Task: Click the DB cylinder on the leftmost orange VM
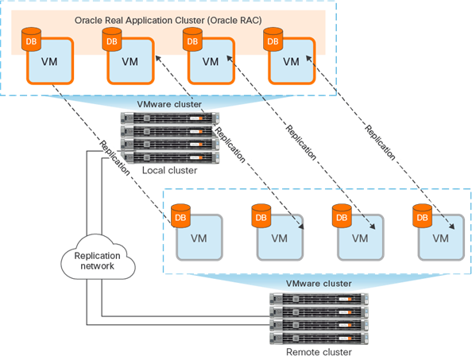(x=30, y=38)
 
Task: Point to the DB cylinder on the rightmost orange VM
(x=273, y=38)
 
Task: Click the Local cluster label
(x=168, y=170)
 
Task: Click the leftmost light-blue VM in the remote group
(x=198, y=237)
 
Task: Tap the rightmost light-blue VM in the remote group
(x=441, y=237)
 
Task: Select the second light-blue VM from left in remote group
(x=279, y=237)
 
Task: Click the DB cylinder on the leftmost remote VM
(x=180, y=214)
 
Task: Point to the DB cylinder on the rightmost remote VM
(x=423, y=214)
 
